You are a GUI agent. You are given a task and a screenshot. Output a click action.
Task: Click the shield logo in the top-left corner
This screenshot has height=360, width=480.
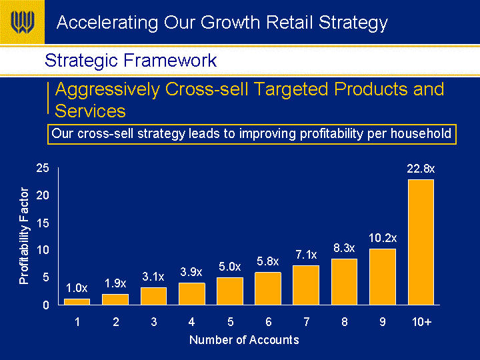[23, 22]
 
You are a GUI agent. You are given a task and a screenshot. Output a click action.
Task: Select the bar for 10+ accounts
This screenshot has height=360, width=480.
[421, 242]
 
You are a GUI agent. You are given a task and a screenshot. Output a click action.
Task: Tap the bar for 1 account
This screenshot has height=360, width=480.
[77, 302]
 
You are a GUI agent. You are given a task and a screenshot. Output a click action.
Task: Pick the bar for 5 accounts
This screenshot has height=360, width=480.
[230, 291]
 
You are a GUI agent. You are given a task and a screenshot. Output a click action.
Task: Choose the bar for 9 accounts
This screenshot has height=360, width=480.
[383, 277]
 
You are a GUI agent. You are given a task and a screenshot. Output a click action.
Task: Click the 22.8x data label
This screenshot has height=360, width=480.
[421, 169]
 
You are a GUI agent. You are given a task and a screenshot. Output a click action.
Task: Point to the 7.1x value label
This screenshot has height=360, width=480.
[306, 255]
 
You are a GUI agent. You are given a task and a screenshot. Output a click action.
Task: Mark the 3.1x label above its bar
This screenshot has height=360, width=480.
[153, 277]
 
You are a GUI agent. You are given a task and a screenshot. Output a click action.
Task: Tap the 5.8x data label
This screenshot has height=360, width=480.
[268, 261]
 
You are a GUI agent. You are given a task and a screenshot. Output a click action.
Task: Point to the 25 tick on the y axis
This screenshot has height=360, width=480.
[43, 168]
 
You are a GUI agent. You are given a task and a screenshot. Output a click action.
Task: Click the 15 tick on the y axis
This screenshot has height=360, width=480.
[43, 223]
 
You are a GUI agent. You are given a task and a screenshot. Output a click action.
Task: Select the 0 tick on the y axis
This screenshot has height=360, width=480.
[46, 305]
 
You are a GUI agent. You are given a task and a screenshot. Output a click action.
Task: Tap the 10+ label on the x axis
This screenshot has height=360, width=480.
[421, 322]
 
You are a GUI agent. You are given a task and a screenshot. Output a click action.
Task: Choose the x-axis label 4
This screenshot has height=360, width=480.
[191, 322]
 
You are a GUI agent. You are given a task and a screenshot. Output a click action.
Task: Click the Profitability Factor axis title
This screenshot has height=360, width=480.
[24, 236]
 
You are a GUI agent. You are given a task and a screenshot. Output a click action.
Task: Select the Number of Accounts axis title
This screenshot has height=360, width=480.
[244, 340]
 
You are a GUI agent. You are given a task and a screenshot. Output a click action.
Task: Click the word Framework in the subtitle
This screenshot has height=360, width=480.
[170, 60]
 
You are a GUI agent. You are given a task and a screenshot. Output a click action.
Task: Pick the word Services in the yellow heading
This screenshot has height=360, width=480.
[90, 111]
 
